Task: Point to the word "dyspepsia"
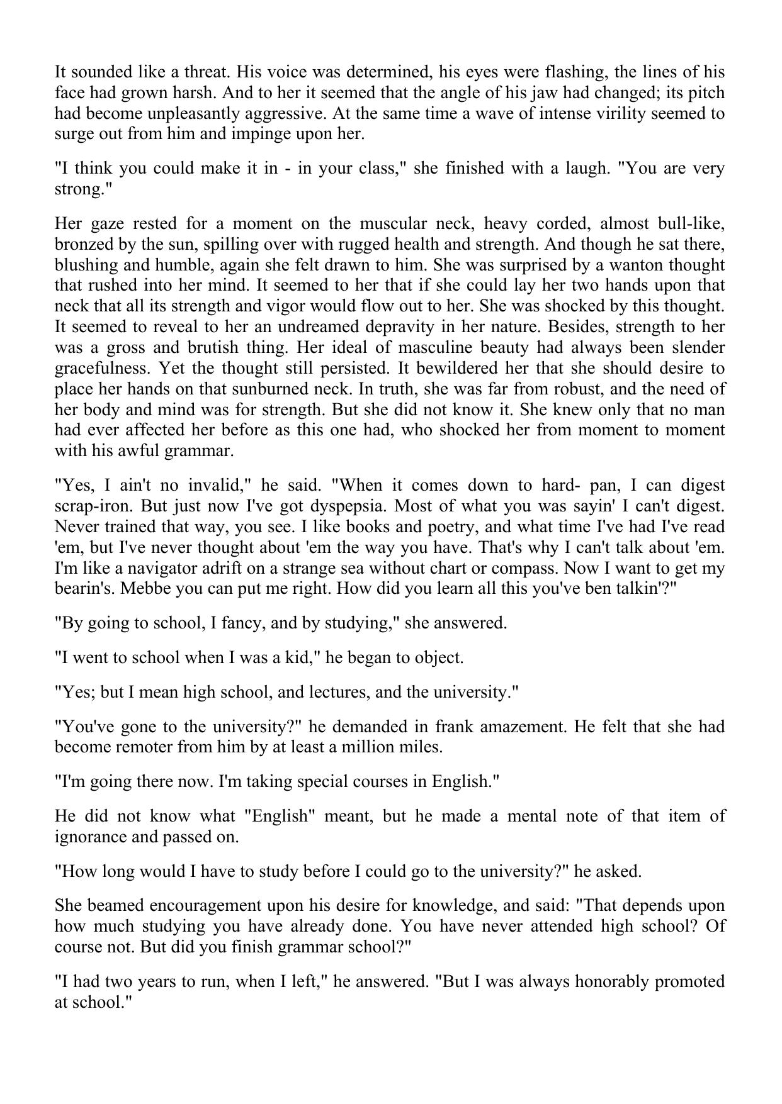point(351,506)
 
